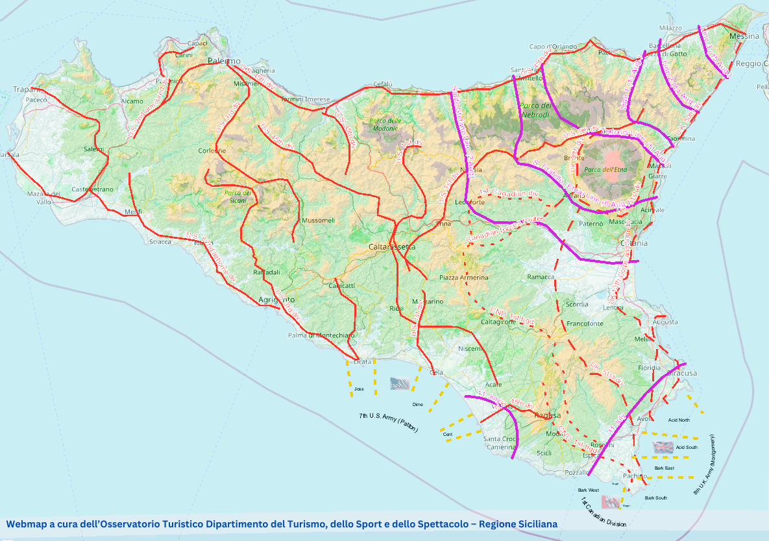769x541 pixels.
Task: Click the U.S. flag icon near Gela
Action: pyautogui.click(x=400, y=383)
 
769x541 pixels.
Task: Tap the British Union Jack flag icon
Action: pyautogui.click(x=663, y=447)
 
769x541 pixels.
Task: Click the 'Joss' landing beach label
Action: pyautogui.click(x=359, y=389)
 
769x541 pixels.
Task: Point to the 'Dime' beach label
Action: pyautogui.click(x=417, y=404)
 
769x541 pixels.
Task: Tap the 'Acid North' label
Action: pyautogui.click(x=679, y=420)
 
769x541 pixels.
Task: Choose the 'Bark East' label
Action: pyautogui.click(x=664, y=468)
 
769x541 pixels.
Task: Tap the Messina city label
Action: pyautogui.click(x=744, y=36)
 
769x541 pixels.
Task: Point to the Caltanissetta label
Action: pyautogui.click(x=391, y=247)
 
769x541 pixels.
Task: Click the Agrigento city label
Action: pyautogui.click(x=276, y=300)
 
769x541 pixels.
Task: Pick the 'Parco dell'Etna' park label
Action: pyautogui.click(x=607, y=169)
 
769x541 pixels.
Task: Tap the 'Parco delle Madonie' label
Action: pyautogui.click(x=385, y=124)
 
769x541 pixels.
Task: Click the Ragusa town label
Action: pyautogui.click(x=547, y=415)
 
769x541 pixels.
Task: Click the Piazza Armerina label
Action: pyautogui.click(x=463, y=277)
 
